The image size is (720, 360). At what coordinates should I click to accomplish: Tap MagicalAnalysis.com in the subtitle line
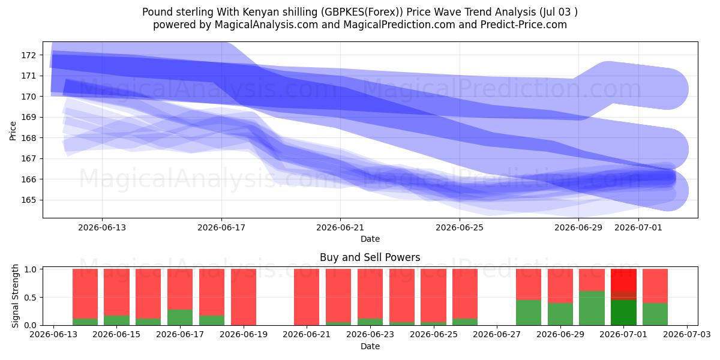pyautogui.click(x=266, y=25)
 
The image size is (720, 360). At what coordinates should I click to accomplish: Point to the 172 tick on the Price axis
pyautogui.click(x=29, y=55)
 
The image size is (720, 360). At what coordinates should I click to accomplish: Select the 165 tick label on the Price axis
pyautogui.click(x=29, y=200)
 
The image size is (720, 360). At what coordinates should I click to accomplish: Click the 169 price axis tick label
pyautogui.click(x=29, y=117)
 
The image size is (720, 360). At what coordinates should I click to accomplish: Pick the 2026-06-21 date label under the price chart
pyautogui.click(x=340, y=227)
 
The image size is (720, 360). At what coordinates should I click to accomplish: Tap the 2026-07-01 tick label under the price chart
pyautogui.click(x=638, y=227)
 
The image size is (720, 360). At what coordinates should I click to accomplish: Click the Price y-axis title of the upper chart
pyautogui.click(x=13, y=131)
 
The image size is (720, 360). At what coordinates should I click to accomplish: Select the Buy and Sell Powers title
pyautogui.click(x=370, y=257)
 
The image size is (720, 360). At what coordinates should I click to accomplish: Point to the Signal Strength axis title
pyautogui.click(x=15, y=296)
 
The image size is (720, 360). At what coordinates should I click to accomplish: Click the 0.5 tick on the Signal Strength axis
pyautogui.click(x=30, y=298)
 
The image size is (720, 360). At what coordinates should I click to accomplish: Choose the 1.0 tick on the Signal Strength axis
pyautogui.click(x=30, y=269)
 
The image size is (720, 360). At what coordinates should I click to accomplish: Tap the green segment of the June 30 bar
pyautogui.click(x=592, y=308)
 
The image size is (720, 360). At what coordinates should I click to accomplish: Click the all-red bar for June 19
pyautogui.click(x=244, y=297)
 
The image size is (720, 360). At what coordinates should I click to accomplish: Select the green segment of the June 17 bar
pyautogui.click(x=180, y=317)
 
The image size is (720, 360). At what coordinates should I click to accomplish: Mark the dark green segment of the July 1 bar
pyautogui.click(x=623, y=313)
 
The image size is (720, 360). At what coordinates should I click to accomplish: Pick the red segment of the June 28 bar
pyautogui.click(x=529, y=284)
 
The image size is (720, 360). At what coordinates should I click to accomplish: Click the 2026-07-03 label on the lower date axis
pyautogui.click(x=687, y=334)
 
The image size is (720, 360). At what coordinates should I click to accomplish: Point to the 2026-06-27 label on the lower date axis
pyautogui.click(x=497, y=334)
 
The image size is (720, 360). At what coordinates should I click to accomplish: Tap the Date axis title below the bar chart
pyautogui.click(x=370, y=346)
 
